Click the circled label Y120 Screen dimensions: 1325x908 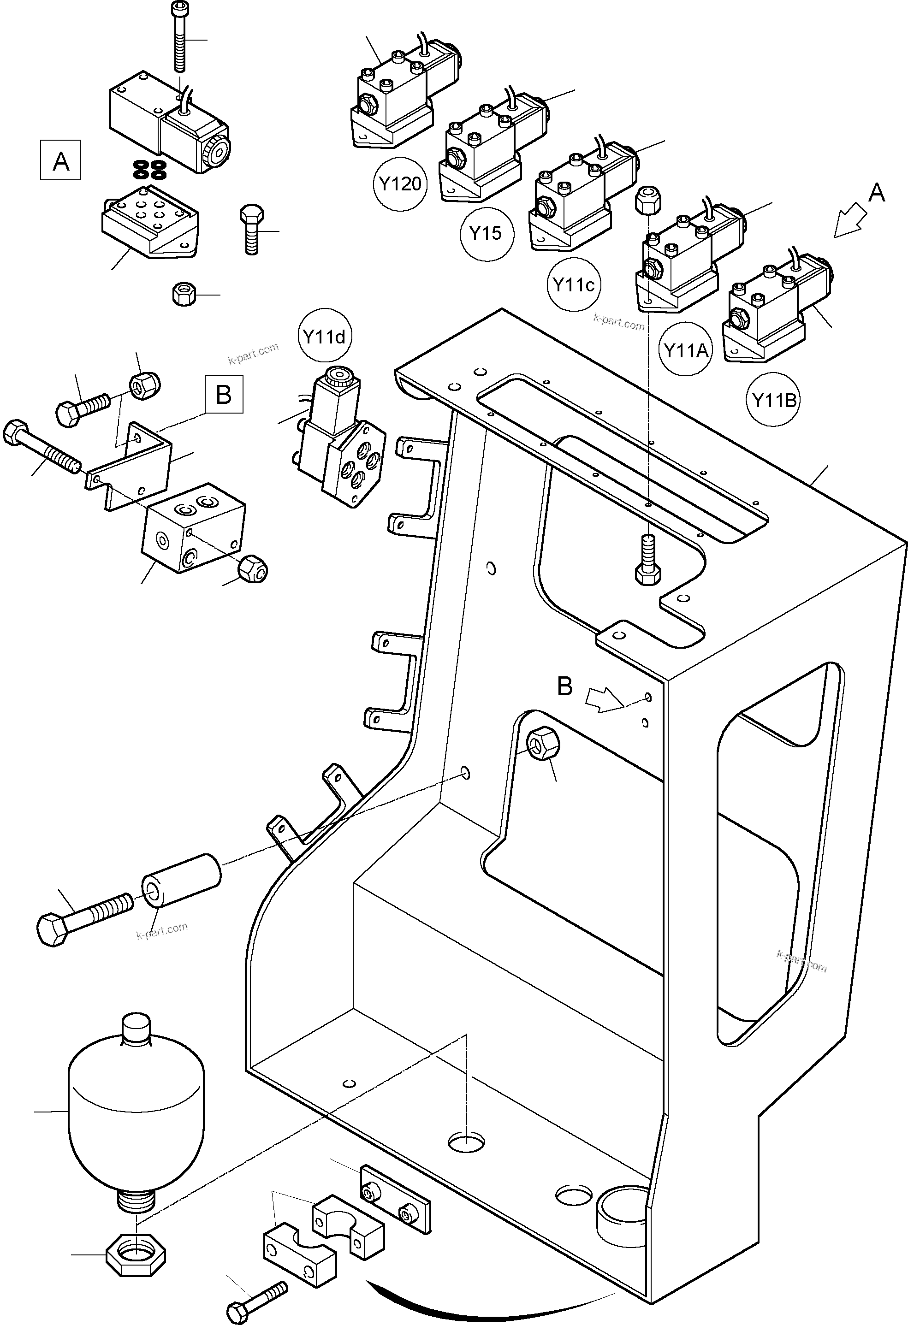point(400,183)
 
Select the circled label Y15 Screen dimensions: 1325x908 point(486,233)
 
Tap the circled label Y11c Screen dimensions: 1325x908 point(574,284)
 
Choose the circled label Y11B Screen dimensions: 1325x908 point(774,400)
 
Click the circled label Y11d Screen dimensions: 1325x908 point(324,337)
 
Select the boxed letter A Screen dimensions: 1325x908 point(60,161)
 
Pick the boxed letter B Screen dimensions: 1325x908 point(223,394)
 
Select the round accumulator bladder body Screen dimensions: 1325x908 point(136,1112)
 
